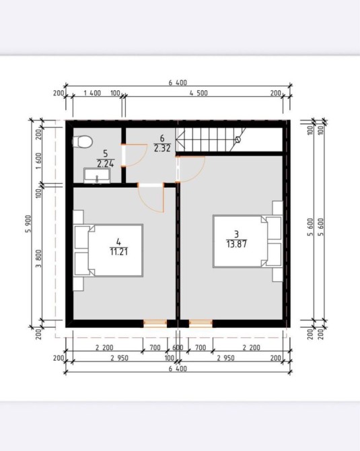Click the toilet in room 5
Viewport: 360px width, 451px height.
[82, 141]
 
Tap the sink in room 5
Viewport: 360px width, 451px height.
[97, 176]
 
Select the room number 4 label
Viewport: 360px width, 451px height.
[118, 242]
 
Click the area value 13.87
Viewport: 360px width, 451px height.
[236, 244]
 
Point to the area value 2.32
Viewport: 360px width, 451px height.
[162, 148]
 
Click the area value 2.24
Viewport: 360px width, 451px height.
[106, 164]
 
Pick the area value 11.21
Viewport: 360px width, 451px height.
[118, 252]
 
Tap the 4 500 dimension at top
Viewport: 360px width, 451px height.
[199, 93]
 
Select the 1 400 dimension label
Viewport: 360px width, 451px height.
[92, 93]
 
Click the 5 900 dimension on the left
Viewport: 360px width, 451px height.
[29, 224]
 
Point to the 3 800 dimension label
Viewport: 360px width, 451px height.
[39, 258]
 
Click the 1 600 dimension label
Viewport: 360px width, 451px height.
[39, 161]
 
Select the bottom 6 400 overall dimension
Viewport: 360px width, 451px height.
[178, 369]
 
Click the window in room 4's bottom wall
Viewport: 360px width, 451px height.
[155, 324]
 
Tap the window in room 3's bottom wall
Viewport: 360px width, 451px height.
[201, 324]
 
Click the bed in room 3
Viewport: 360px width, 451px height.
[248, 242]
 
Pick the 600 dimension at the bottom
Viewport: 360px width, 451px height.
[178, 347]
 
